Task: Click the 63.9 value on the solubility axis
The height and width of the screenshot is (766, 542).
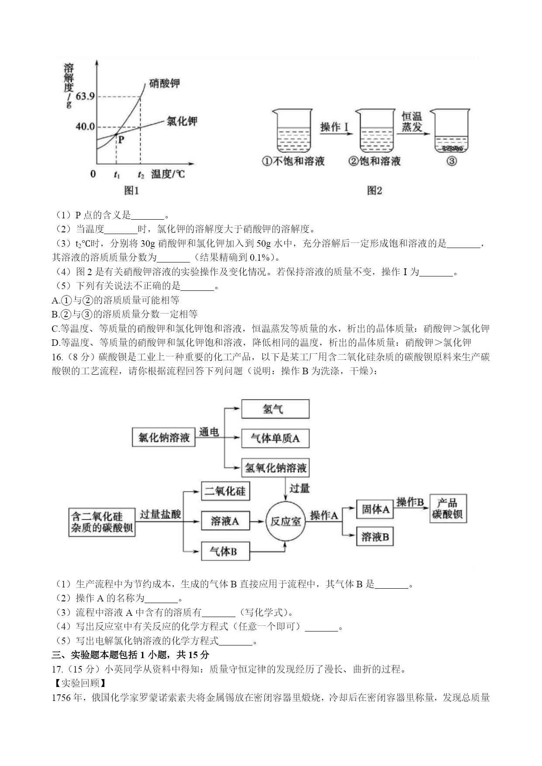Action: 85,96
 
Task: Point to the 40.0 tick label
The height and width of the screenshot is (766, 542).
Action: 85,127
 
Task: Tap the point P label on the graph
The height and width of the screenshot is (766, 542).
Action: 121,140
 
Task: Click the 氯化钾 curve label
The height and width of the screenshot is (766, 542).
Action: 182,121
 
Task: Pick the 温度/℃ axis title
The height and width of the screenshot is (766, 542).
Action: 168,174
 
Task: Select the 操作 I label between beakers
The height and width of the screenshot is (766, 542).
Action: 335,127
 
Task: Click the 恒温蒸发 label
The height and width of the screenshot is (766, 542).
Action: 412,121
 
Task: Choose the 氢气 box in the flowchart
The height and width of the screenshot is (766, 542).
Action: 275,409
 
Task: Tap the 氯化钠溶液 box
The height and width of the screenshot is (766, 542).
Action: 164,438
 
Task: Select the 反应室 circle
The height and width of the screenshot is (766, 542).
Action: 285,521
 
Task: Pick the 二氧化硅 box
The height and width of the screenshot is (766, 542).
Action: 225,491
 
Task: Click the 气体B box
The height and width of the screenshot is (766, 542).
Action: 225,552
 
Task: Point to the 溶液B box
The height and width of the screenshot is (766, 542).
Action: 375,537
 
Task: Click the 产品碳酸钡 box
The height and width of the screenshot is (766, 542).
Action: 448,509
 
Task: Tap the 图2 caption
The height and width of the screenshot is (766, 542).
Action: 375,190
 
